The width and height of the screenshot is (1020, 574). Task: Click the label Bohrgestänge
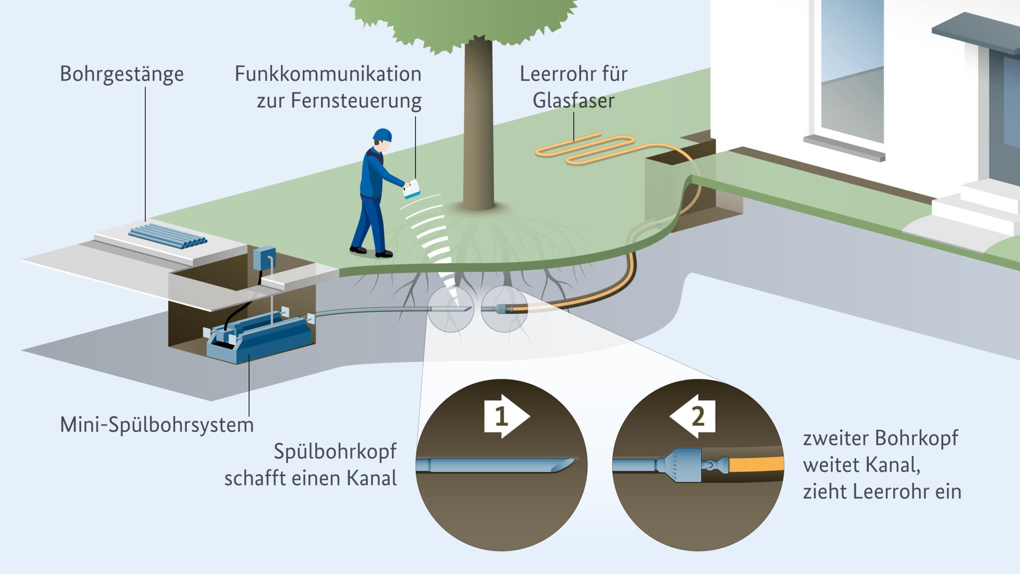click(122, 75)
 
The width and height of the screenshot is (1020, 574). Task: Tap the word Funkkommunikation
click(328, 75)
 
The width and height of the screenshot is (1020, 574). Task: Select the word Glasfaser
click(573, 100)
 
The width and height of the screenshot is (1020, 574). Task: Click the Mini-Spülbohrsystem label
click(157, 425)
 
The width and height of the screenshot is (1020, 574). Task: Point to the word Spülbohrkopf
click(335, 452)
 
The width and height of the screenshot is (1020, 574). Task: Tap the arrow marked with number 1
click(506, 417)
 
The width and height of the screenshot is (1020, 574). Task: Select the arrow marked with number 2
click(692, 417)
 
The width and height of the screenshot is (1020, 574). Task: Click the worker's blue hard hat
click(382, 135)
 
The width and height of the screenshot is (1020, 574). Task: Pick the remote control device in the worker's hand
click(412, 189)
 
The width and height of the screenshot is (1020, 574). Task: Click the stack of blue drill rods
click(168, 236)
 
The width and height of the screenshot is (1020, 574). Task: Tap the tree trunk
click(478, 128)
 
